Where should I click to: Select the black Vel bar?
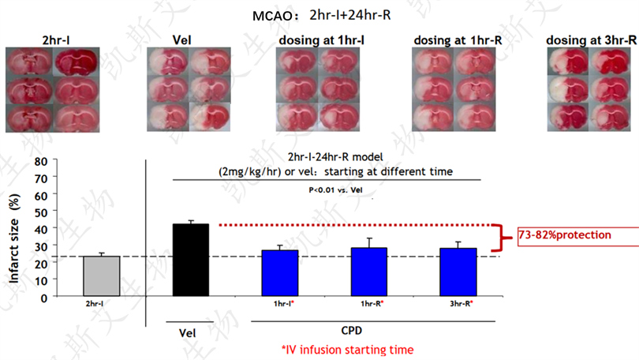(x=190, y=260)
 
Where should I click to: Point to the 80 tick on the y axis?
(x=41, y=160)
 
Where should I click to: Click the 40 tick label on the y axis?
(x=41, y=228)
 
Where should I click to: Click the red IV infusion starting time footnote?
(x=347, y=348)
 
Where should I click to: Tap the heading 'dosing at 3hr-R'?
(x=582, y=40)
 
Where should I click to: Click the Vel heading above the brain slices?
(x=182, y=40)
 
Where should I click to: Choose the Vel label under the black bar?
(x=187, y=331)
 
